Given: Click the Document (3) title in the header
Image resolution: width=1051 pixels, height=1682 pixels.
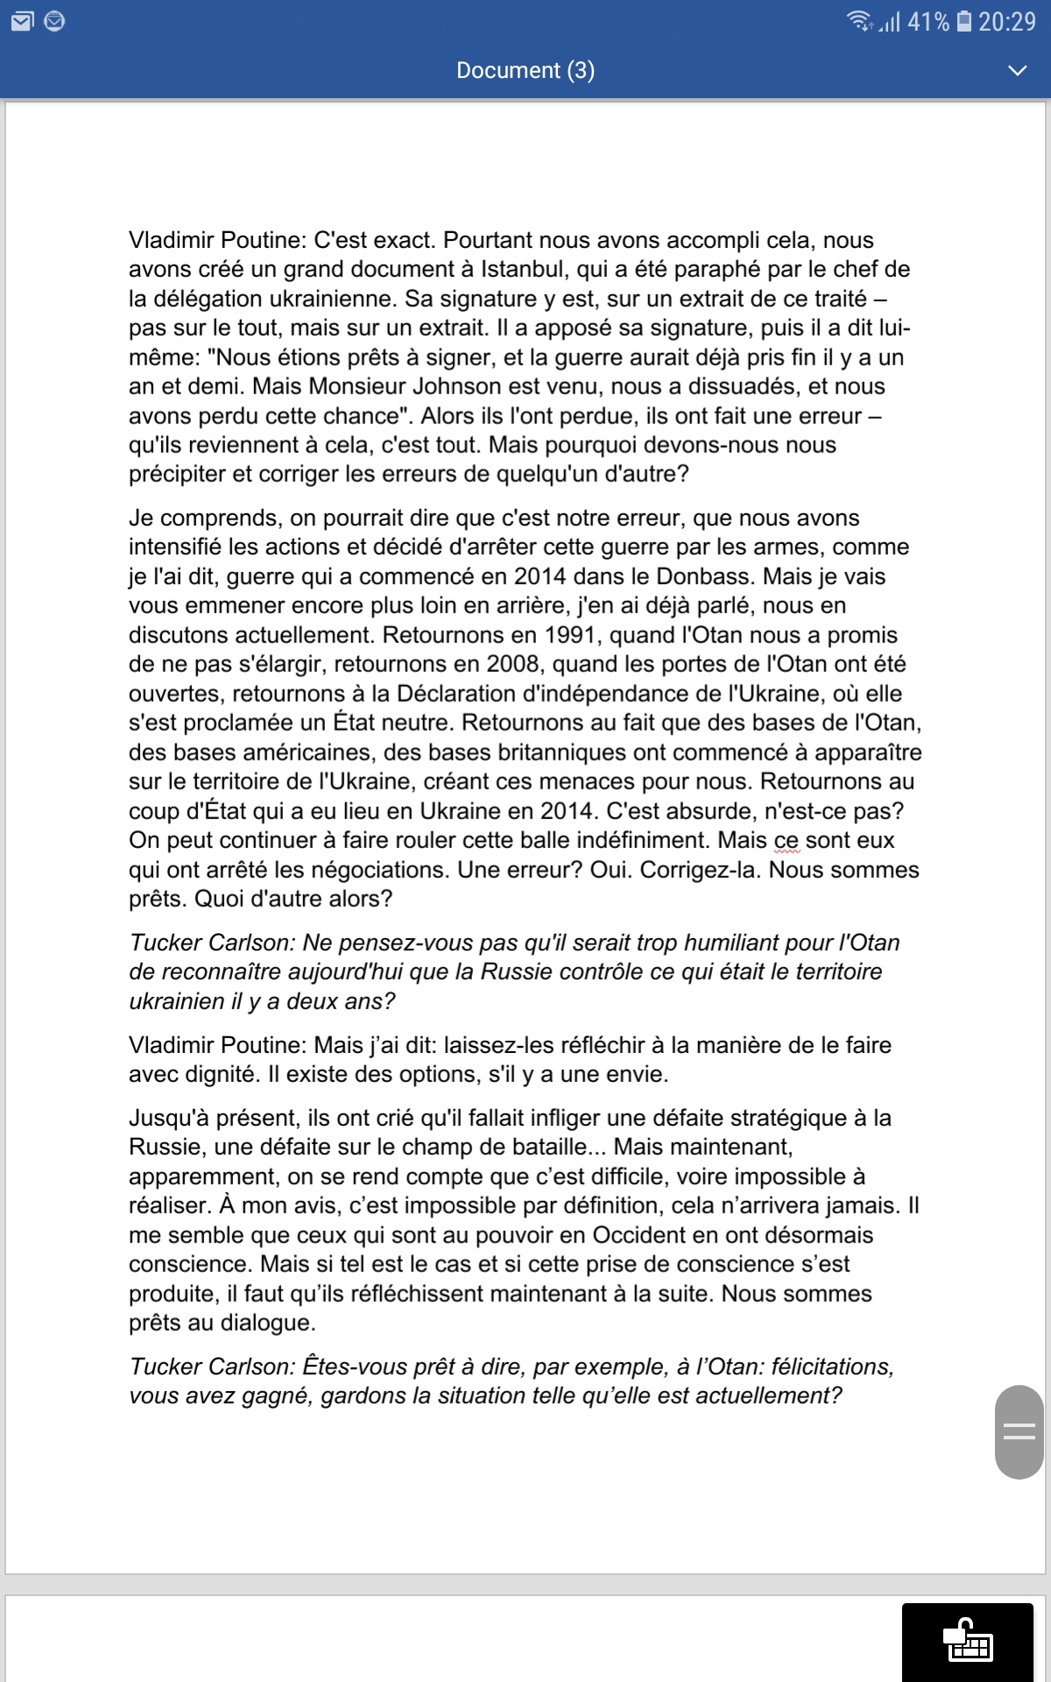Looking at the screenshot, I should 525,70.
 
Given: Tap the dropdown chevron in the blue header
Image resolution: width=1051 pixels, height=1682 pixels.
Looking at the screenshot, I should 1017,70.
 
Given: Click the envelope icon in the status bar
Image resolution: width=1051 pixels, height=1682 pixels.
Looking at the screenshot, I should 22,21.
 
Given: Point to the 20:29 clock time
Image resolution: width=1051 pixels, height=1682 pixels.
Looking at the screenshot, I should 1007,21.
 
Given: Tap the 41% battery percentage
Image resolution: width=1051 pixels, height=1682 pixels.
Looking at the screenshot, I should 928,21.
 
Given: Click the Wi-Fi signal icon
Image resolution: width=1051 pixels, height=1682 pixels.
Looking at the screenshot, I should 858,21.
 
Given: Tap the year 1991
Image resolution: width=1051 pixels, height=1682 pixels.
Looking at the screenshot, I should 575,635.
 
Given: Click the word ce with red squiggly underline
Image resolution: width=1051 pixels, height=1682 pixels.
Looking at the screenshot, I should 786,840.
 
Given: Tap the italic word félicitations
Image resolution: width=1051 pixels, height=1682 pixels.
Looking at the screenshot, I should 832,1367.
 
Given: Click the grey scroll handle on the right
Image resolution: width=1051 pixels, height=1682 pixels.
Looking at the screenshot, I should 1019,1432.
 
